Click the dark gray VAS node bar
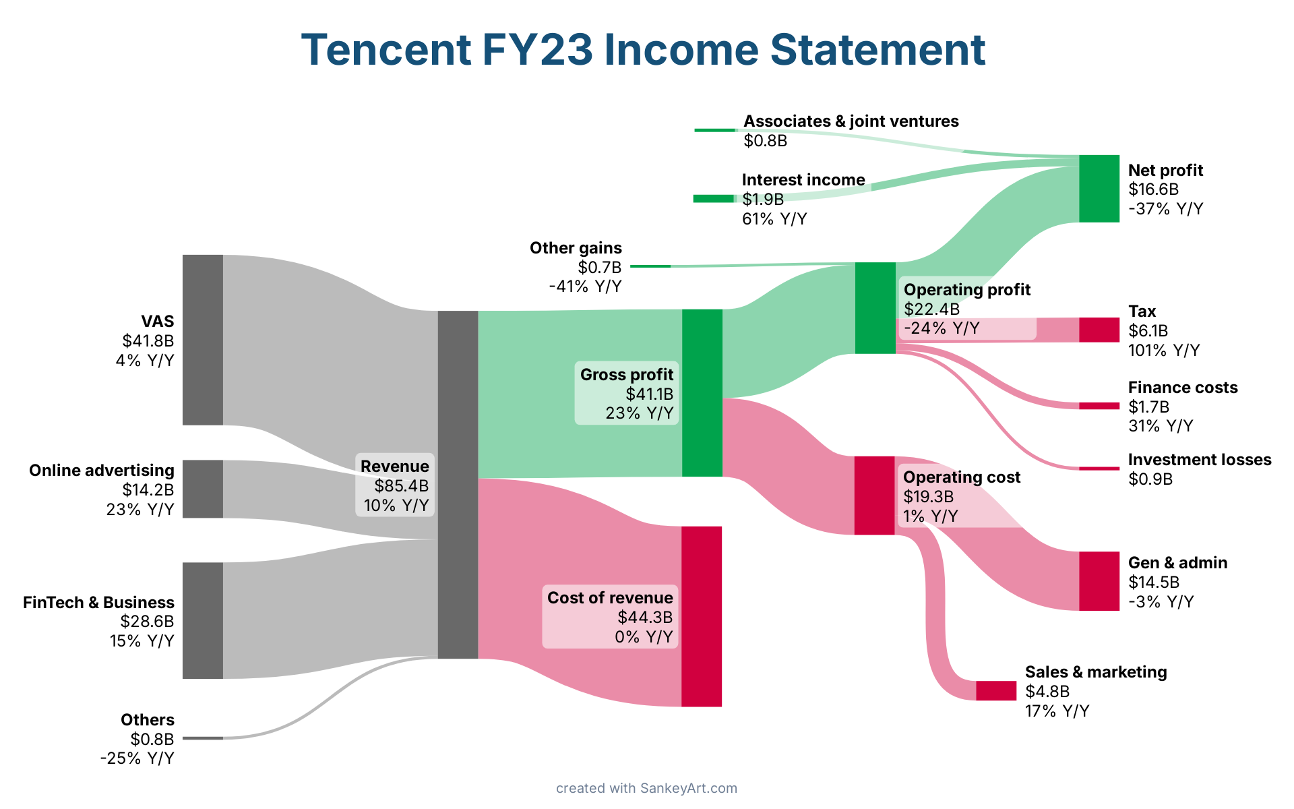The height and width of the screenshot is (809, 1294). pyautogui.click(x=203, y=340)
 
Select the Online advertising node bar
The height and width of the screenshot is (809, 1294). pyautogui.click(x=203, y=489)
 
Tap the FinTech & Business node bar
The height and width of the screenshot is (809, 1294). pyautogui.click(x=203, y=620)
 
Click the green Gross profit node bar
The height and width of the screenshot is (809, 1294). pyautogui.click(x=702, y=393)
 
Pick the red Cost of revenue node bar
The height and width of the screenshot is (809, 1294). pyautogui.click(x=702, y=616)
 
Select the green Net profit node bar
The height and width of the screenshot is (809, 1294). pyautogui.click(x=1099, y=189)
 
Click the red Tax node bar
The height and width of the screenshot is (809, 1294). pyautogui.click(x=1099, y=330)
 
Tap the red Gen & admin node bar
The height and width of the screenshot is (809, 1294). pyautogui.click(x=1099, y=581)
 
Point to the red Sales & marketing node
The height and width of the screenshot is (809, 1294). pyautogui.click(x=996, y=690)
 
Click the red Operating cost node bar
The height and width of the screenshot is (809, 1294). pyautogui.click(x=875, y=496)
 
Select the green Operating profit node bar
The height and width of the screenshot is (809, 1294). pyautogui.click(x=875, y=308)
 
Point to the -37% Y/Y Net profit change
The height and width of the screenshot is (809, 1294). pyautogui.click(x=1166, y=209)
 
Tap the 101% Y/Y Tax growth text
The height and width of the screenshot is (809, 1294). pyautogui.click(x=1164, y=351)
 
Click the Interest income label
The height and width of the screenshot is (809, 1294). pyautogui.click(x=803, y=180)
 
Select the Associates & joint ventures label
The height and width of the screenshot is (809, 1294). pyautogui.click(x=851, y=121)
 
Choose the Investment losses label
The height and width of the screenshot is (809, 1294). pyautogui.click(x=1200, y=460)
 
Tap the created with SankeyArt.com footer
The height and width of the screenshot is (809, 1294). pyautogui.click(x=647, y=788)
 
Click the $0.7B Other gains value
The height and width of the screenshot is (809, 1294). pyautogui.click(x=600, y=268)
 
